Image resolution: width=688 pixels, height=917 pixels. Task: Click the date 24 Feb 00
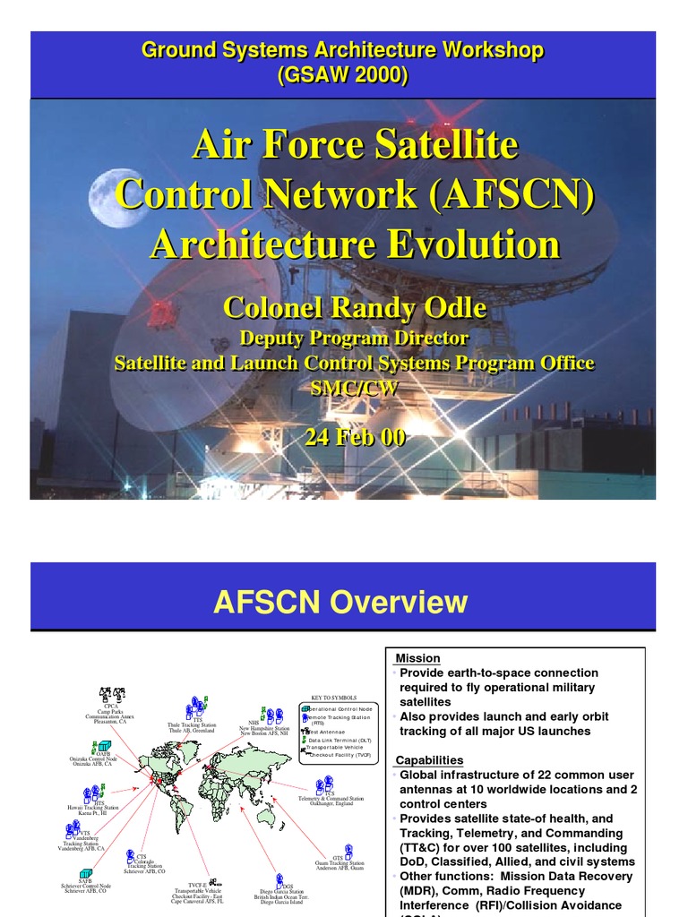355,437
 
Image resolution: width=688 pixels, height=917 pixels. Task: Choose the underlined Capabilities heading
429,760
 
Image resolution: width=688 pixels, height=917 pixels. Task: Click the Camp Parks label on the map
111,711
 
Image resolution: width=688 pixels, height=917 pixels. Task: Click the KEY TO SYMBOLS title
333,697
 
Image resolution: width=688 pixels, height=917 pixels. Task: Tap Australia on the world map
266,815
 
